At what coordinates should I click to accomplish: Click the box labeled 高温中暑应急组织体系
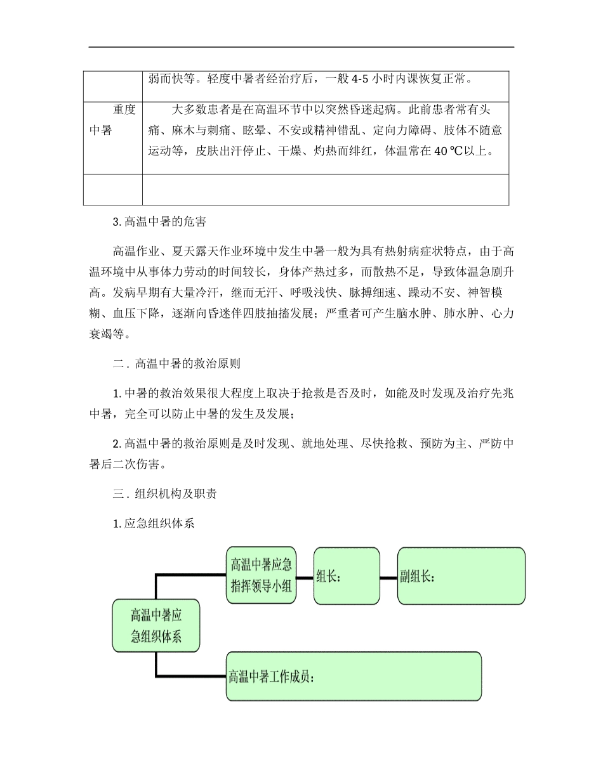156,625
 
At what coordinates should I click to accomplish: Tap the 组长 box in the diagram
347,576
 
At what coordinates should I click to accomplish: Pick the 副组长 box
461,576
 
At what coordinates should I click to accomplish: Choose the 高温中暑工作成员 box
353,676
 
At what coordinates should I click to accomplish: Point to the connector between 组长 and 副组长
388,578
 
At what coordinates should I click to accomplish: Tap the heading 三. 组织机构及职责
166,493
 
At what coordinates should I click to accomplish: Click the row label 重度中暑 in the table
112,120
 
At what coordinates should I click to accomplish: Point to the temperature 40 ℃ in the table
432,152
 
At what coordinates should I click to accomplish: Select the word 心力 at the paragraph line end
503,313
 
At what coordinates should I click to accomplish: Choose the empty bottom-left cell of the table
112,190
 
